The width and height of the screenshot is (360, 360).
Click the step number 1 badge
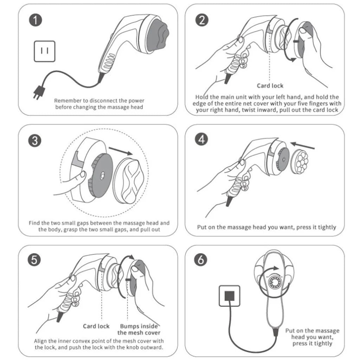pos(36,20)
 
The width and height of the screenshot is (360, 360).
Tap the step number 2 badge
pos(202,20)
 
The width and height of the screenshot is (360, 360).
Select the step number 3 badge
pos(36,141)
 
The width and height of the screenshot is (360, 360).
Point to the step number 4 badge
pos(202,140)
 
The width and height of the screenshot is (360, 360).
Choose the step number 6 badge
pos(202,260)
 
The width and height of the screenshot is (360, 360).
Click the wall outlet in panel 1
pos(45,51)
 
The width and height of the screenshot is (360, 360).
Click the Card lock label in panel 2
pos(270,85)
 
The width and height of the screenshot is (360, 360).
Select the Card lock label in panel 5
pos(96,326)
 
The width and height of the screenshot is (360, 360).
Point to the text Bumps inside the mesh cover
pos(139,329)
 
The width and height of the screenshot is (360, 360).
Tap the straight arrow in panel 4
pos(303,145)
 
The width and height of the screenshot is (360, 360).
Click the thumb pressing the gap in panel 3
pos(82,175)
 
